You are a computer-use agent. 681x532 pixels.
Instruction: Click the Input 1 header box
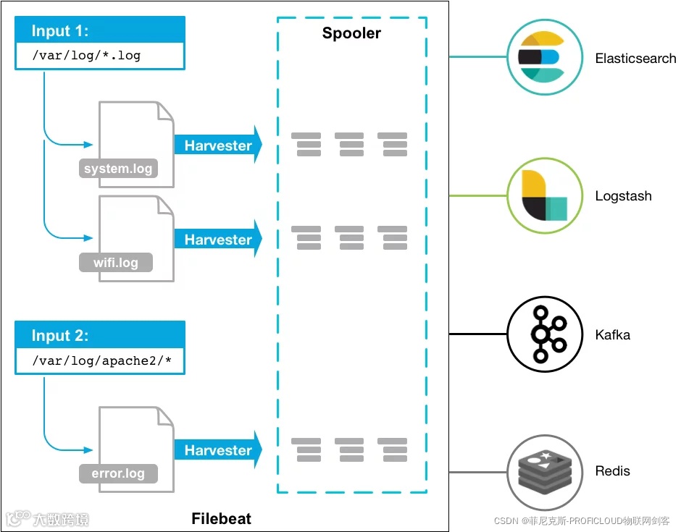point(100,31)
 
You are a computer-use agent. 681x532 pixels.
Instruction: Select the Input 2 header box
point(100,336)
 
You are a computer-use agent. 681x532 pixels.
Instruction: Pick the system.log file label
point(118,169)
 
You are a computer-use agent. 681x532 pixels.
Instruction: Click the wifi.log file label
point(116,262)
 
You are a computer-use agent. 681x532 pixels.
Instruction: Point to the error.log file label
point(118,474)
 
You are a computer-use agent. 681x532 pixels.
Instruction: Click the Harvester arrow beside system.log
point(218,145)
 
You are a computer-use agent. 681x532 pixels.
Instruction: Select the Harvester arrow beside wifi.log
point(218,240)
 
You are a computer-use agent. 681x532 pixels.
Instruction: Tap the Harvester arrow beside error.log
point(218,450)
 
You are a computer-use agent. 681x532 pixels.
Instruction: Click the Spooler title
point(351,33)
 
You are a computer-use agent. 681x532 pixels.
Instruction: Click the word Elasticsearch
point(635,59)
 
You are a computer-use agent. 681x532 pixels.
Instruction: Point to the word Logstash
point(623,196)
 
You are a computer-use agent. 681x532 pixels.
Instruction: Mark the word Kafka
point(612,335)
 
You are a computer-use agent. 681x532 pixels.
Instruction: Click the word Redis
point(612,471)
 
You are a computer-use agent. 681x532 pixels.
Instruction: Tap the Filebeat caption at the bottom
point(221,519)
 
